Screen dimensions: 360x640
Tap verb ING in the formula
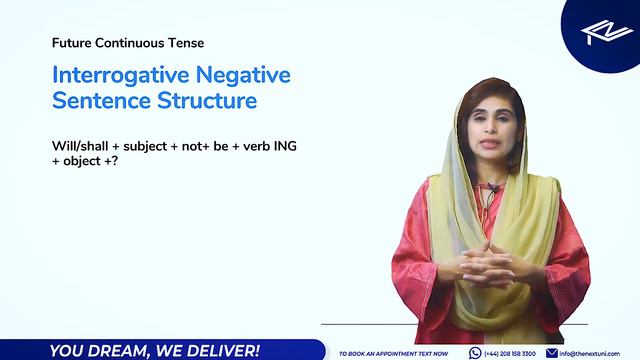pos(267,146)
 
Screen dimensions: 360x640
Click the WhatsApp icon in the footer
pos(475,352)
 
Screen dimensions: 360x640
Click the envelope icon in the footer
pos(552,352)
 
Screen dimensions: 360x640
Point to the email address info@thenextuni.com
pos(598,353)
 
